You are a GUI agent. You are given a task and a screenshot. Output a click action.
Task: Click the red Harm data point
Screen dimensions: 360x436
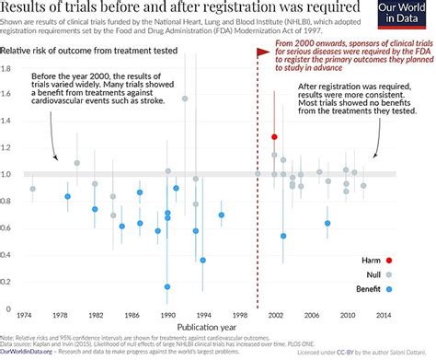[274, 137]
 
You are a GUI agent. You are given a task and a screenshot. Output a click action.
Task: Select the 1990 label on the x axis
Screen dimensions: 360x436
[167, 315]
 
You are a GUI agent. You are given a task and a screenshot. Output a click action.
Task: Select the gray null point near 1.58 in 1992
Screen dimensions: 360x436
[185, 99]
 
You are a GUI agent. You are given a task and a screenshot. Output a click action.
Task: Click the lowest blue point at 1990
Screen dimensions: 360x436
[167, 286]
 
